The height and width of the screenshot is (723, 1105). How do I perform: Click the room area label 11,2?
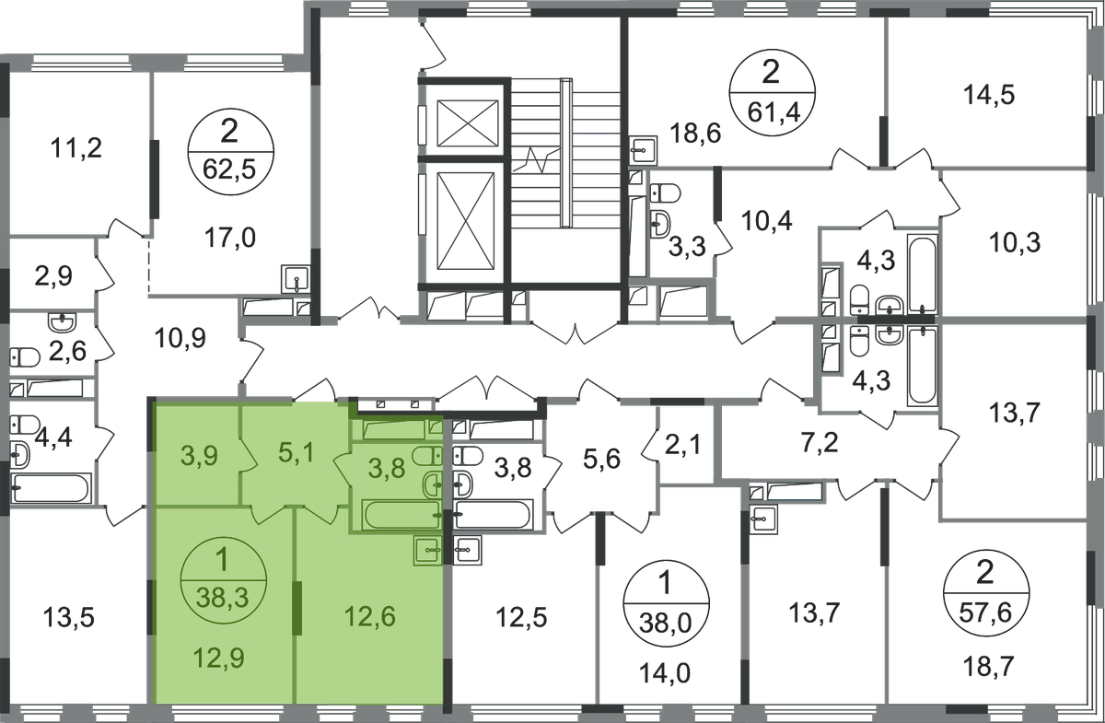[76, 148]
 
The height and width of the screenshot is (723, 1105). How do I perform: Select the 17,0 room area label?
[230, 238]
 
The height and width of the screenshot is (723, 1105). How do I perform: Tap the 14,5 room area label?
[989, 95]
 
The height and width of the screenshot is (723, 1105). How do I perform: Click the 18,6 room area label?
[695, 134]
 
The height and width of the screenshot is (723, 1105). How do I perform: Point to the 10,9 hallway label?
[180, 339]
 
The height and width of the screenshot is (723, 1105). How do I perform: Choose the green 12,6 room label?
[370, 616]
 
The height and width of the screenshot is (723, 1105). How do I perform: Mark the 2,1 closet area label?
[682, 445]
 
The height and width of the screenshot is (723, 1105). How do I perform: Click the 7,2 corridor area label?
[820, 443]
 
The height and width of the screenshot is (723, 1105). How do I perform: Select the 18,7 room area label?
[989, 666]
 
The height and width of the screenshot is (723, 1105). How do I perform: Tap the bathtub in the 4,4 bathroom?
[51, 488]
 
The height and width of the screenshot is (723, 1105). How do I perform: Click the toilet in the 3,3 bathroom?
[665, 192]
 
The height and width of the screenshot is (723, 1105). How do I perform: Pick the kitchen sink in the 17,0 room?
[295, 279]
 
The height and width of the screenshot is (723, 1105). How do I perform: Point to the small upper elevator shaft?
[468, 123]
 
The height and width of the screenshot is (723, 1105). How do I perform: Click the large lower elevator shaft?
[465, 221]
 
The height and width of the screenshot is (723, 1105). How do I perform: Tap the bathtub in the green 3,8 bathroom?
[402, 515]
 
